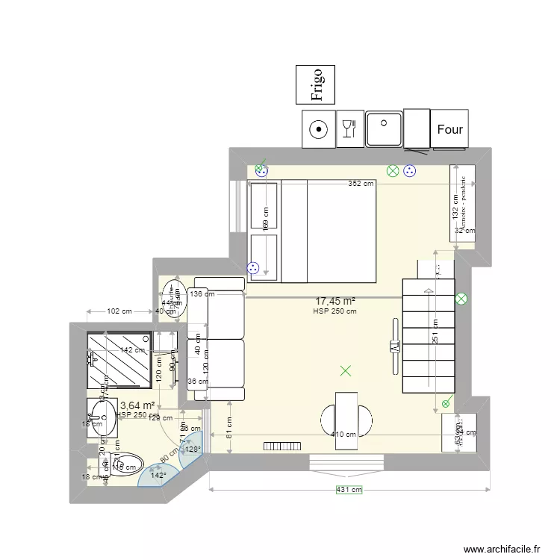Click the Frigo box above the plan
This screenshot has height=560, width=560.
315,84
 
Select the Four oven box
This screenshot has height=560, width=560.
449,129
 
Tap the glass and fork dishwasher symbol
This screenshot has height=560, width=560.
348,128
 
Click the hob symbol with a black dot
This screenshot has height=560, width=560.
319,129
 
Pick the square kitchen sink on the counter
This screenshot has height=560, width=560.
384,128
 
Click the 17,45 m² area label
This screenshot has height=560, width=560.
335,300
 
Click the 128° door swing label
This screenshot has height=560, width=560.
193,449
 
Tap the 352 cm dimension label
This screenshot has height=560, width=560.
361,184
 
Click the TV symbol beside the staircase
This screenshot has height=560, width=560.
393,346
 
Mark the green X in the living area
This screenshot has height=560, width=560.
345,370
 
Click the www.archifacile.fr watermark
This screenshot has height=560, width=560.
501,549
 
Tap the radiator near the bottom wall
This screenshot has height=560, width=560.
282,446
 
